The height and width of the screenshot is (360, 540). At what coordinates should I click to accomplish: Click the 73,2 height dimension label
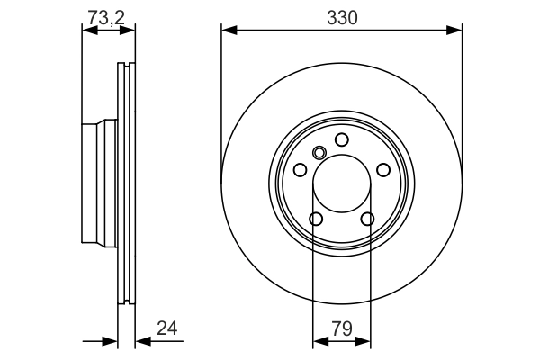pos(106,15)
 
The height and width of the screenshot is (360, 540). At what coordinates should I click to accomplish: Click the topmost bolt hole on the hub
pos(342,139)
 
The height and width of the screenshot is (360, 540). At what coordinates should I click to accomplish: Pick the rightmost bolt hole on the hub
pos(383,170)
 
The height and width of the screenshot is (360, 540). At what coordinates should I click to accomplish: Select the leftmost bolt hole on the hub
pos(301,170)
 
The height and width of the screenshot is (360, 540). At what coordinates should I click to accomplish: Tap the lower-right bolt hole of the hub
pos(367,219)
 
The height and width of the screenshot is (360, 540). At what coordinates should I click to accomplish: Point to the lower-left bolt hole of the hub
pos(316,219)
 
